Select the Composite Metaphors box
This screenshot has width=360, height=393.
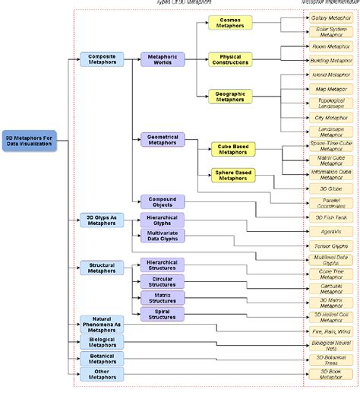tap(101, 59)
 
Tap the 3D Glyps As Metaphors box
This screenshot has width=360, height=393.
tap(101, 221)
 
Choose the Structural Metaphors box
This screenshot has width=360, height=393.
tap(101, 267)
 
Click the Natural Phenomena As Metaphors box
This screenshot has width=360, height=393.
tap(101, 325)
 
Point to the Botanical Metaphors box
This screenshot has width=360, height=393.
tap(101, 357)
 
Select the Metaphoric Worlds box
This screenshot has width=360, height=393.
tap(162, 59)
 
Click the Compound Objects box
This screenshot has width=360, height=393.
tap(162, 201)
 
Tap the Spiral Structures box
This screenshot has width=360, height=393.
tap(162, 313)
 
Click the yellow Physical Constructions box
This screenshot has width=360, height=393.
tap(230, 59)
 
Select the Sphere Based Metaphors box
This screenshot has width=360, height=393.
tap(232, 175)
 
